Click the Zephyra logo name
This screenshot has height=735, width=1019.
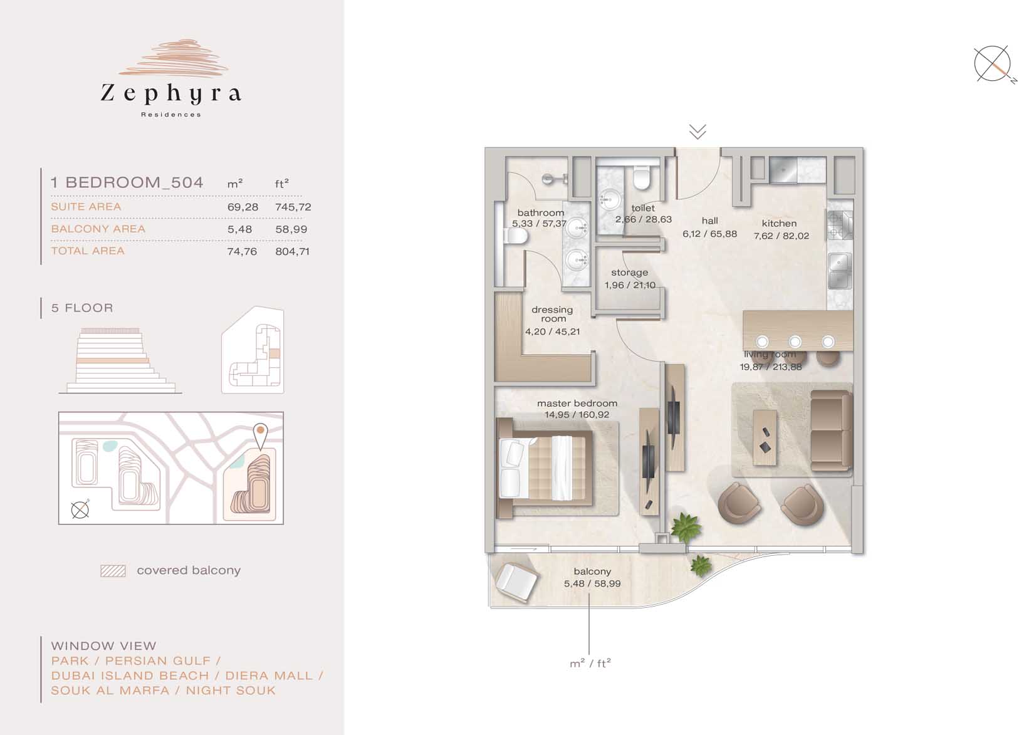click(170, 93)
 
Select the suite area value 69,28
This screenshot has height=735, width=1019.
click(243, 207)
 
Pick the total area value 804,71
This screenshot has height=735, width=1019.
click(292, 251)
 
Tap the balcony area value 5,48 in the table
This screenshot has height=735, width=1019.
click(239, 229)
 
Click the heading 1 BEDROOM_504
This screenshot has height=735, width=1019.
click(127, 182)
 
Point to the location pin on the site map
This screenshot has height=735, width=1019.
click(260, 436)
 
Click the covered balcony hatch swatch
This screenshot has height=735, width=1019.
click(113, 571)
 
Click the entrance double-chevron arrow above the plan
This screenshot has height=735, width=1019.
click(698, 132)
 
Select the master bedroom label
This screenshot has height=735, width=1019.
click(577, 404)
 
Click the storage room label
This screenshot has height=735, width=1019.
click(630, 273)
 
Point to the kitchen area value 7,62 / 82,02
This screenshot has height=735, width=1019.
click(781, 236)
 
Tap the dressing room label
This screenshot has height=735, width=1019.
click(552, 314)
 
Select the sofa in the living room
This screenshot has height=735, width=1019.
click(831, 430)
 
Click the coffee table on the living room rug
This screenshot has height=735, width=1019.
click(765, 437)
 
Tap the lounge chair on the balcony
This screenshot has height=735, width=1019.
click(516, 583)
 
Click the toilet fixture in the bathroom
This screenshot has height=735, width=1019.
click(516, 236)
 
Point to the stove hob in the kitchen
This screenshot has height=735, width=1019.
click(840, 225)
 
